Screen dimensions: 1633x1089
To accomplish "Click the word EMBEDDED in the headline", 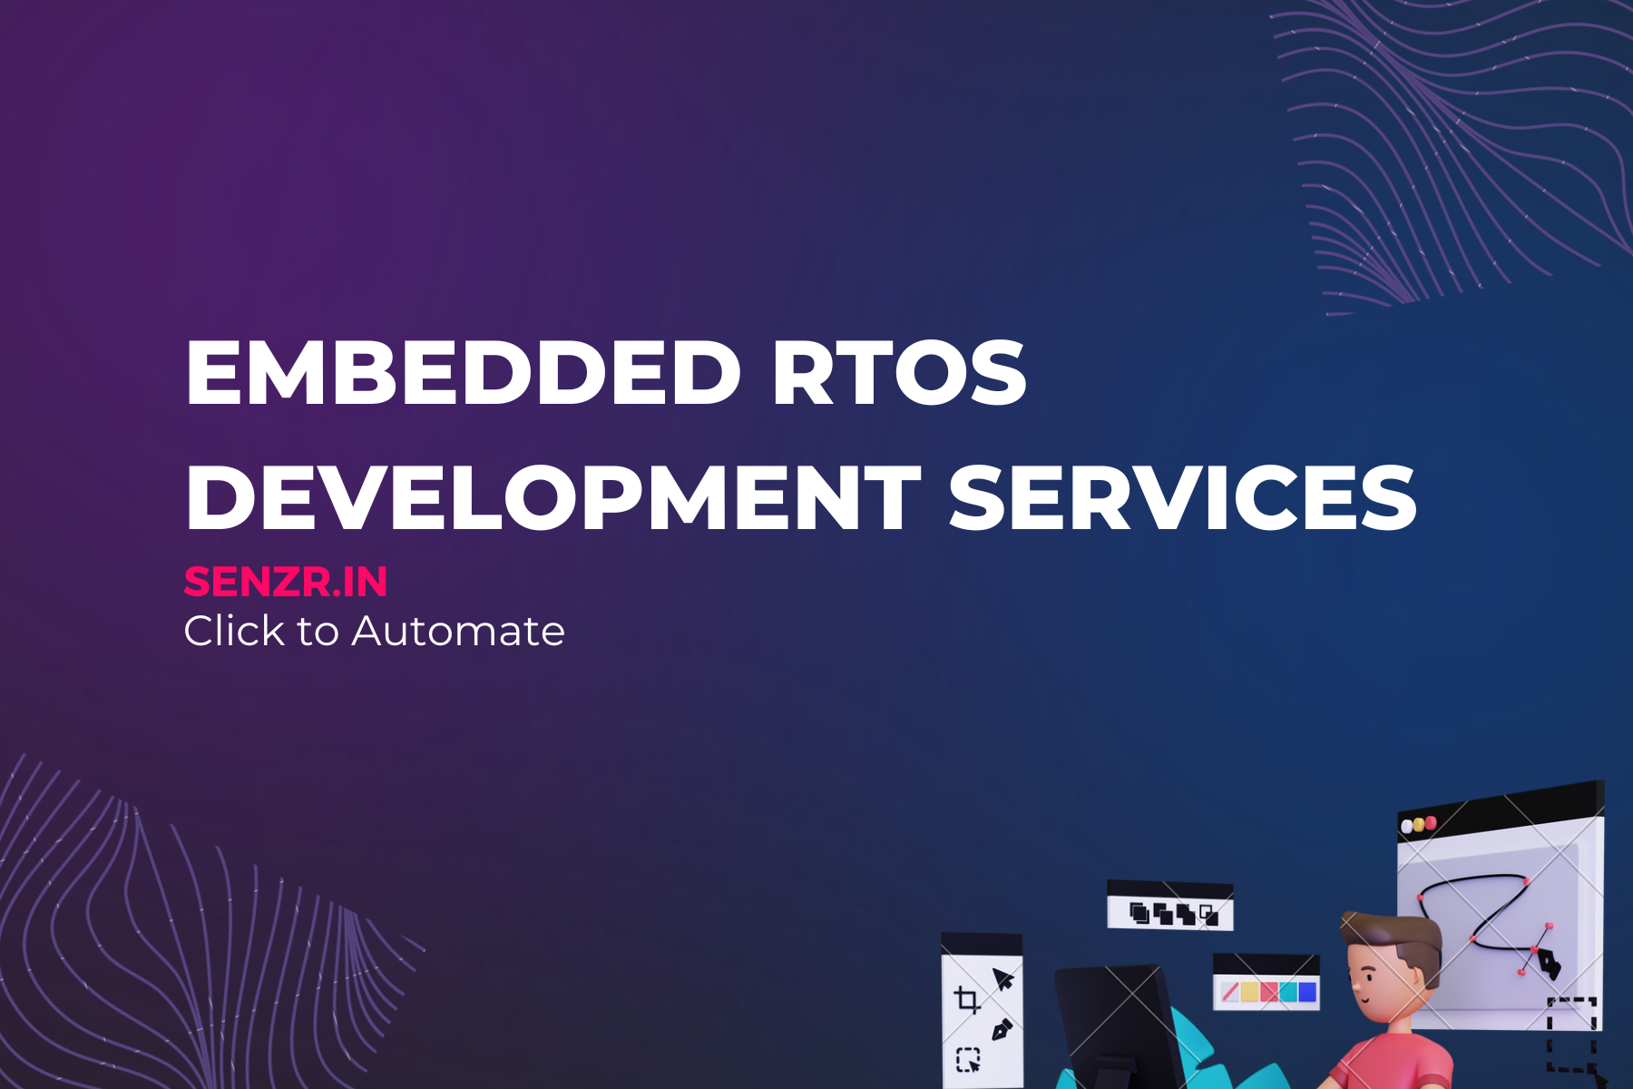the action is (x=464, y=372).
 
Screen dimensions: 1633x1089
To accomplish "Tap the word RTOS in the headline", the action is (x=899, y=372).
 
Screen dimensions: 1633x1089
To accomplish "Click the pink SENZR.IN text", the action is (x=286, y=582).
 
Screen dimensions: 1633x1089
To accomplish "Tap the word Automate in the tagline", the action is (x=458, y=631).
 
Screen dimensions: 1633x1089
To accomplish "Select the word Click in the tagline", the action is (x=234, y=630).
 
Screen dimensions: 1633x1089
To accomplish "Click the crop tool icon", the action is (x=967, y=1000).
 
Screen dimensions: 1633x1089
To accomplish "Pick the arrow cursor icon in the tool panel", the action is (x=1002, y=979).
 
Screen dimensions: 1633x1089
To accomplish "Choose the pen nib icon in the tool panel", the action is (x=1002, y=1029).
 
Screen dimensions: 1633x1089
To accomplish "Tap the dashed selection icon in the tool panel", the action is (x=968, y=1059).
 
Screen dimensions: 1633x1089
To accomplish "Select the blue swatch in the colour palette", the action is (x=1307, y=992).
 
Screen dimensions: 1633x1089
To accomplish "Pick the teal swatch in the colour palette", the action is (x=1288, y=992).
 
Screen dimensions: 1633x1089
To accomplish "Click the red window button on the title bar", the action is (x=1431, y=822).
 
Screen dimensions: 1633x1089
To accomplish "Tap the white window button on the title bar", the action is (x=1408, y=827).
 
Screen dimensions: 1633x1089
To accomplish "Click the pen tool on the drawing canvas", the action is (x=1547, y=964).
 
